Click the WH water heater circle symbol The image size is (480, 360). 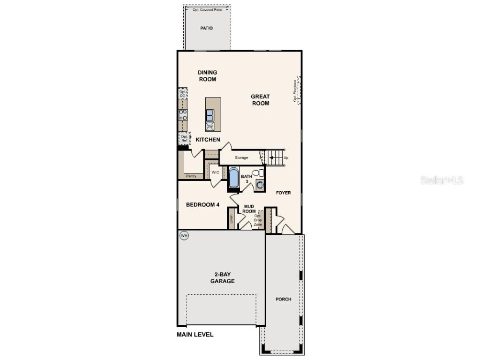coord(184,236)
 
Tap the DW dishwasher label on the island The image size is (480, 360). coord(210,127)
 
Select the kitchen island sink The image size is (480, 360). coord(210,115)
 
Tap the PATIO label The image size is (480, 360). coord(206,28)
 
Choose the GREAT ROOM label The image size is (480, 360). coord(260,100)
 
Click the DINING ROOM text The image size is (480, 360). coord(207,76)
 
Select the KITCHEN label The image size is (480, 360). coord(208,140)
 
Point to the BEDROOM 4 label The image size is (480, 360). coord(202,204)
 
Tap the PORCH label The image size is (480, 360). coord(283,299)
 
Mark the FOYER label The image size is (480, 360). coord(283,193)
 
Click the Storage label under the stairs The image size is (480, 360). coord(241,157)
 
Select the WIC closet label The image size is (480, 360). coord(215,172)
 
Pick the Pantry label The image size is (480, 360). coord(191,176)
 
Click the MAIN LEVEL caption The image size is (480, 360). coord(195,335)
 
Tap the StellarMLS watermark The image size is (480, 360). coord(442,180)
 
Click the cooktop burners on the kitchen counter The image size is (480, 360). coord(183,115)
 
